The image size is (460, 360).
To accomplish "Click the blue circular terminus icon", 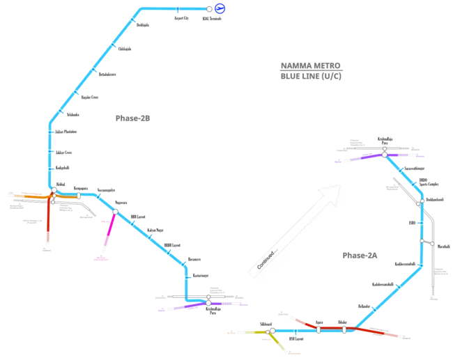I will [x=218, y=8].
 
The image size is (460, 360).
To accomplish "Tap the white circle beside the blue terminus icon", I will [x=209, y=8].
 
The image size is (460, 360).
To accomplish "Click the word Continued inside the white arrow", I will [x=267, y=257].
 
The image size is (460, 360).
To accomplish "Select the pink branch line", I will [x=108, y=234].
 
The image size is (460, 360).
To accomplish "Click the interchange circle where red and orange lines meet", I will [x=52, y=190].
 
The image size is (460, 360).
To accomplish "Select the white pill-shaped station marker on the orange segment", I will [x=79, y=196].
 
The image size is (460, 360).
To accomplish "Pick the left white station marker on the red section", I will [x=318, y=327].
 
